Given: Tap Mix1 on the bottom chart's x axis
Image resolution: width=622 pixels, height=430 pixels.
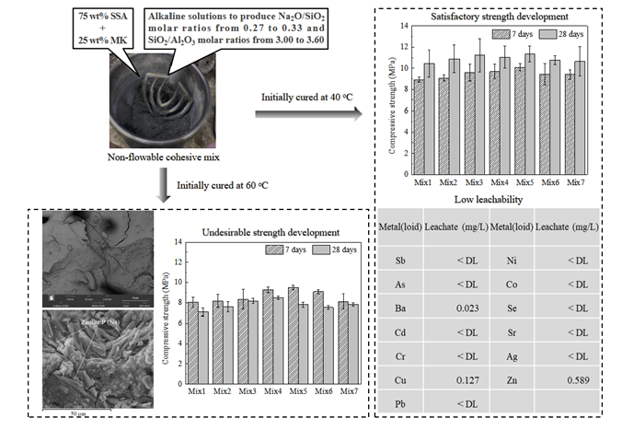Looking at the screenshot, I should coord(195,390).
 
